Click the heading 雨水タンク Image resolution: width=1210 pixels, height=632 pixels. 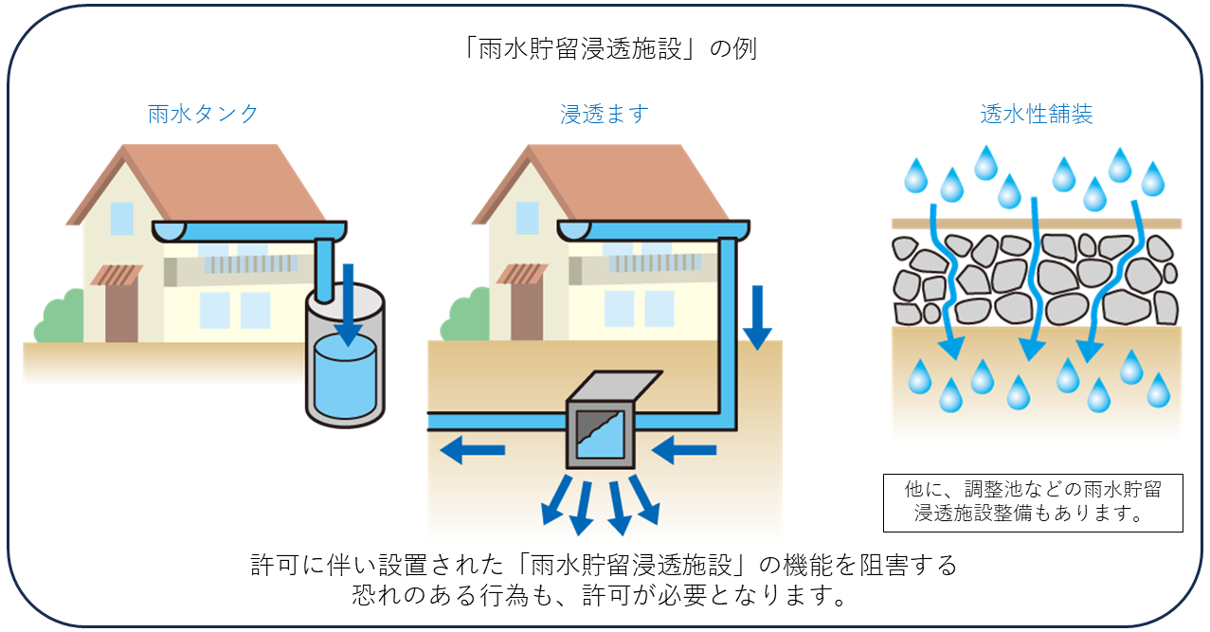(203, 115)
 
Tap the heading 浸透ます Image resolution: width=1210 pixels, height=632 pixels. (605, 115)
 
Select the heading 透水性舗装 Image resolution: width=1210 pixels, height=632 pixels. (1036, 115)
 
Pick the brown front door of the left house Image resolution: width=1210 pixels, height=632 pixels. (121, 312)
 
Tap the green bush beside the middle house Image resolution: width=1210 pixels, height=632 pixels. (463, 322)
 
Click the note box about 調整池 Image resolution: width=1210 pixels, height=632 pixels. (1033, 502)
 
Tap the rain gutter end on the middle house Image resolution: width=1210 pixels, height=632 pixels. (573, 230)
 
